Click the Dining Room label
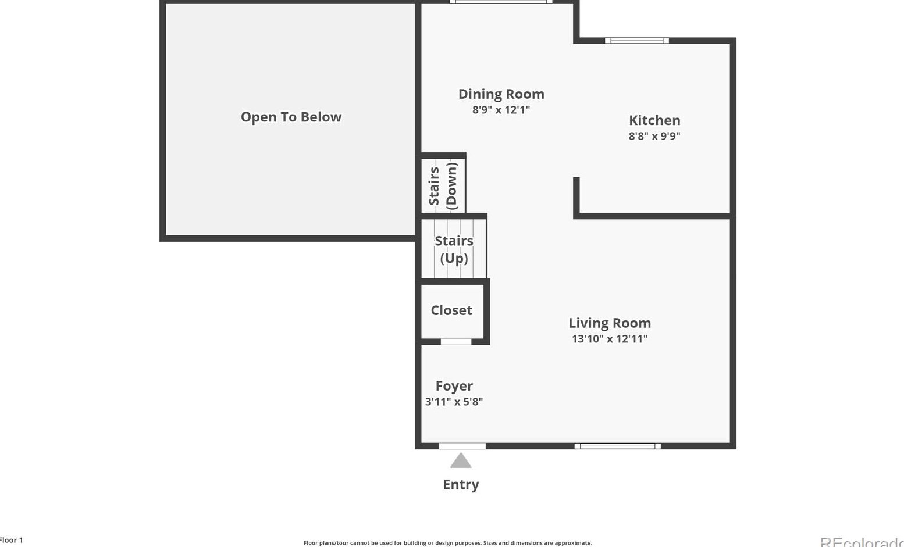point(501,94)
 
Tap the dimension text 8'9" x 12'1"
point(501,110)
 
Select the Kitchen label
point(654,120)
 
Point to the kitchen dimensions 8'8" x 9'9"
point(654,136)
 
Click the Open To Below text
point(291,117)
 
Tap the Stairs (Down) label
point(443,185)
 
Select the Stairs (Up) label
point(454,249)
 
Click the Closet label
point(451,310)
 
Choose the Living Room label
point(610,323)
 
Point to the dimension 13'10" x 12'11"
point(610,339)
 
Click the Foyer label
point(454,386)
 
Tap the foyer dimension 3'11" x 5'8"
point(454,402)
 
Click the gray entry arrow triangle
point(461,462)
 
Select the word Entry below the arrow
point(461,484)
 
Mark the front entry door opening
point(462,446)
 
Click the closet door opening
point(455,342)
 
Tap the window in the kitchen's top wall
point(636,41)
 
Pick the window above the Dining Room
point(501,2)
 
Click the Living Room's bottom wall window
point(617,446)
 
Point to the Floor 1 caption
point(11,540)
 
